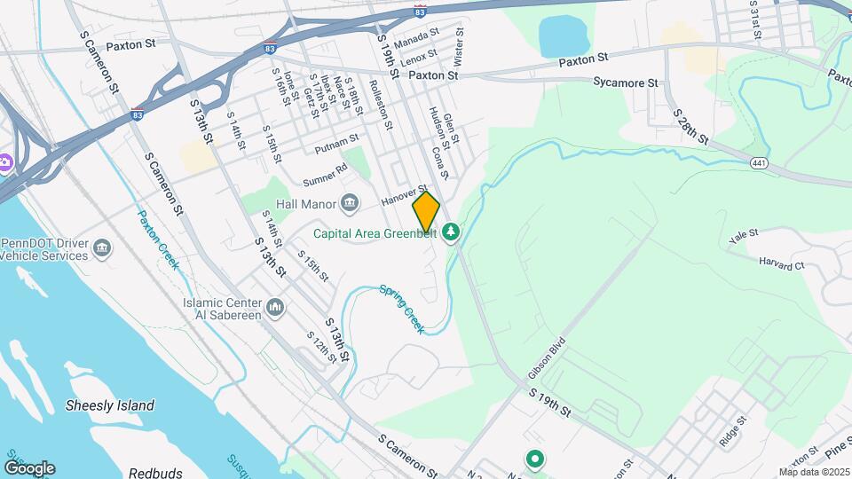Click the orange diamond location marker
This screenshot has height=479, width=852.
(426, 212)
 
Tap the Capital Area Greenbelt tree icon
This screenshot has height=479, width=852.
(452, 232)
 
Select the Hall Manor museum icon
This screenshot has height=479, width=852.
(350, 204)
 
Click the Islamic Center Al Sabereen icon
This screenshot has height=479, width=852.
(275, 309)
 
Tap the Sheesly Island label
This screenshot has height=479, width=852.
(110, 405)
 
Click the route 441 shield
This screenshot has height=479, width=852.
(758, 163)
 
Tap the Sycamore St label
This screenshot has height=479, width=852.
(627, 82)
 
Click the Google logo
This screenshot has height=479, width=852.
(29, 467)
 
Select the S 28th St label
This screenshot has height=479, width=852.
(690, 127)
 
